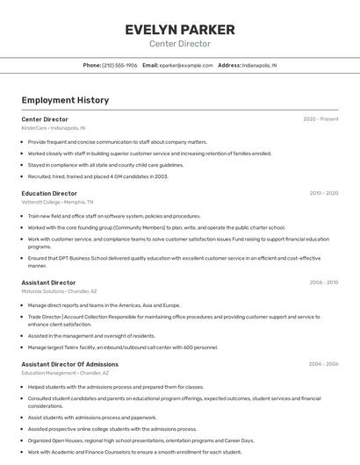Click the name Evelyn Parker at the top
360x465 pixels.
[179, 30]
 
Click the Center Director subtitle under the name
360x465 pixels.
[179, 44]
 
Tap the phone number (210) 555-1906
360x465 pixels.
[120, 66]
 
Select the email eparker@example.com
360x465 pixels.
[186, 66]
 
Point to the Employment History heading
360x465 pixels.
[65, 100]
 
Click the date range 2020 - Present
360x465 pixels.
[320, 119]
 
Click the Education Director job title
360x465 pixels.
[49, 193]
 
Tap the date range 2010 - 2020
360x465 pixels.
[324, 193]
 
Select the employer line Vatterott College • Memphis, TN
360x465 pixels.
[58, 202]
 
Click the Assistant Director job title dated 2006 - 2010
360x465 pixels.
[48, 283]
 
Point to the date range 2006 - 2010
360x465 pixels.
[324, 283]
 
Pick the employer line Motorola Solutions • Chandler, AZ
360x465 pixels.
[59, 291]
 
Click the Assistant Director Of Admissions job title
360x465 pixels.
[69, 364]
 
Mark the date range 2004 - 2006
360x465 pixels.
[324, 364]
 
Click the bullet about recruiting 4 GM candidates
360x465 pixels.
[97, 176]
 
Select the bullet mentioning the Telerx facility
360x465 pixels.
[123, 347]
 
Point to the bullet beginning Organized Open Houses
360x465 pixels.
[140, 440]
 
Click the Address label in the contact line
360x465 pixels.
[229, 66]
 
